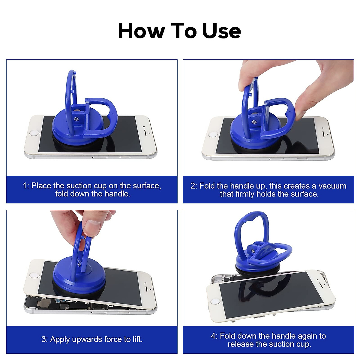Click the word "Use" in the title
[x=222, y=31]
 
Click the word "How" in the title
[x=141, y=31]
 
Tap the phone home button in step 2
[x=213, y=134]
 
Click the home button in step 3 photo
[x=34, y=275]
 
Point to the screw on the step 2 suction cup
[x=254, y=121]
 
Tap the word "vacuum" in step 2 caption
[x=332, y=186]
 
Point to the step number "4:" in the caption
[x=214, y=336]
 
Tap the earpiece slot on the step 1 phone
[x=146, y=132]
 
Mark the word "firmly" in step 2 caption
[x=245, y=194]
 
